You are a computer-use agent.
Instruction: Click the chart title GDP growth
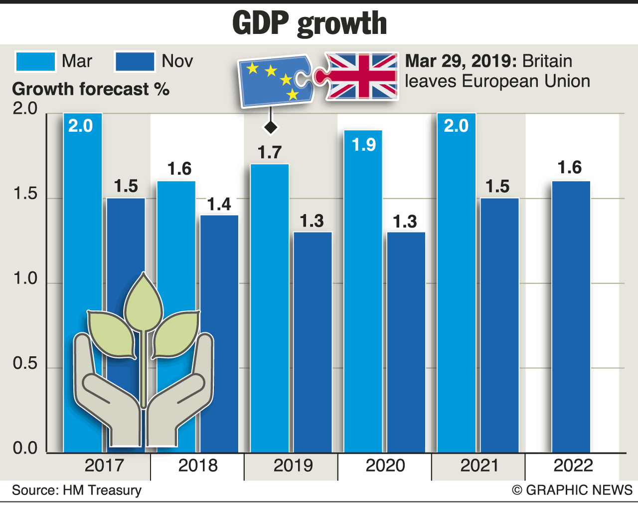click(310, 23)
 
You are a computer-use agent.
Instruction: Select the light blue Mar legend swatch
click(35, 61)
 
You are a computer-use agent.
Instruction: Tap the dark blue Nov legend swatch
click(135, 61)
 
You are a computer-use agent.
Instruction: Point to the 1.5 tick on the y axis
click(25, 194)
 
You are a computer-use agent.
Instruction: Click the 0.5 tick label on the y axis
click(25, 363)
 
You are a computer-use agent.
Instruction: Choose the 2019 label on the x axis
click(293, 466)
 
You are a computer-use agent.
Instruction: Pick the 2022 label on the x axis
click(573, 466)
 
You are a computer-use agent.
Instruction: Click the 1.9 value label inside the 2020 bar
click(363, 145)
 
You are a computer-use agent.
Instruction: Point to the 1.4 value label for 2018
click(219, 204)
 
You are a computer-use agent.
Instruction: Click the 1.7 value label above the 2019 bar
click(270, 152)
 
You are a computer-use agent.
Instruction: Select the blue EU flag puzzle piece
click(274, 81)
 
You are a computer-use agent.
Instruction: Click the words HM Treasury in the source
click(102, 490)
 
